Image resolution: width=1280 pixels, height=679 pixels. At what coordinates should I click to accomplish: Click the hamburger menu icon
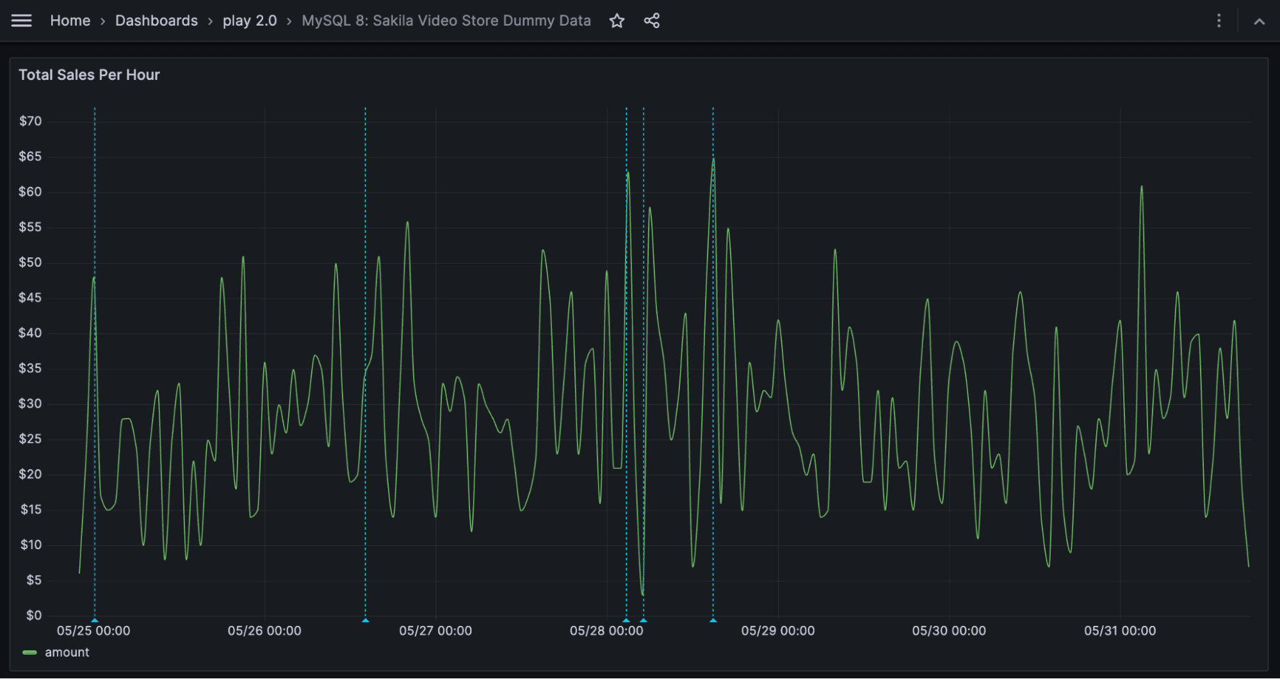coord(21,20)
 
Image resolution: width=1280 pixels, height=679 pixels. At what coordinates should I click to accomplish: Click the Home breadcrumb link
coord(70,20)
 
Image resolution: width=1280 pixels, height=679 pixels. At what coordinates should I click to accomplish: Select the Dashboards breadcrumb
coord(156,20)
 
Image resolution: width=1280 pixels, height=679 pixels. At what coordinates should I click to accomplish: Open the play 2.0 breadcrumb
coord(249,20)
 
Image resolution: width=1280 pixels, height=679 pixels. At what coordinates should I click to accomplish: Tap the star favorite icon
coord(617,21)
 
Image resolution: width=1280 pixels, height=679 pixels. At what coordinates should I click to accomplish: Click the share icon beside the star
coord(651,21)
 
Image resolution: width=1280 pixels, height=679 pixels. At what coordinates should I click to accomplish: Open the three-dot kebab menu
coord(1219,21)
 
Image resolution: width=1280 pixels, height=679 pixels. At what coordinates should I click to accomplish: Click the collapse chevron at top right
coord(1259,21)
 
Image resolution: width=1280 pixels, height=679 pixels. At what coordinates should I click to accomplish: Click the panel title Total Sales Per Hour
coord(89,75)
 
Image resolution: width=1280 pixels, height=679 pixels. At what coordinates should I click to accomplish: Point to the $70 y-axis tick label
coord(30,121)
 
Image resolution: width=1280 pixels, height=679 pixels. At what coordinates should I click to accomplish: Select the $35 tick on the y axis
coord(30,368)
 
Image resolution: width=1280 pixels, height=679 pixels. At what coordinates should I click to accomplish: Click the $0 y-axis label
coord(33,615)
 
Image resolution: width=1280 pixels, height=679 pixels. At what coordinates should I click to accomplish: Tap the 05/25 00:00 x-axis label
coord(93,630)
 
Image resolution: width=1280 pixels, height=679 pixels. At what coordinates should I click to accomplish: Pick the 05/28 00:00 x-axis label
coord(606,630)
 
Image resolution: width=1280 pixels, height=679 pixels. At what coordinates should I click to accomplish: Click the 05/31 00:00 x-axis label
coord(1120,630)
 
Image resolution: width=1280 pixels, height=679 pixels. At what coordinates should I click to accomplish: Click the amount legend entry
coord(67,652)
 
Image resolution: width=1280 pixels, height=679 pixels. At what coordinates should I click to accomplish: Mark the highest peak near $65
coord(713,158)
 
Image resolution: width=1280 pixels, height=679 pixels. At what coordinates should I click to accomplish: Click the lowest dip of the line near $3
coord(642,594)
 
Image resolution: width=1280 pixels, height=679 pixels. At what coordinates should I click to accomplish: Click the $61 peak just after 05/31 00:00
coord(1141,187)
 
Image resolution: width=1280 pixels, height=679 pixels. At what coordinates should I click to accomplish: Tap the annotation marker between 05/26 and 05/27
coord(366,620)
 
